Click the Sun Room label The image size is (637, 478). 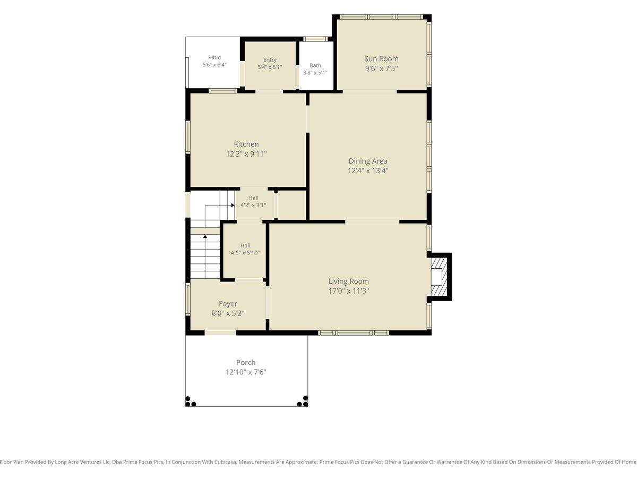(x=381, y=58)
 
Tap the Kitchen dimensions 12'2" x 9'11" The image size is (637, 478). (x=246, y=154)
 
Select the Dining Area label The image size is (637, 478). (x=368, y=161)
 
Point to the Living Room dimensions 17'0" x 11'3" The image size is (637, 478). (x=349, y=291)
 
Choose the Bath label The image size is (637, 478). (x=315, y=65)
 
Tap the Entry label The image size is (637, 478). (x=270, y=60)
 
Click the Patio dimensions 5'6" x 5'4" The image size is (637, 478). (x=214, y=65)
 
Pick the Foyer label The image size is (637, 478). (x=228, y=304)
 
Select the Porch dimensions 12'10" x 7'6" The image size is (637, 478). (x=246, y=372)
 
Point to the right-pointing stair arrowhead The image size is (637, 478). (x=233, y=205)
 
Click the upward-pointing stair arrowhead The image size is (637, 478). (x=205, y=236)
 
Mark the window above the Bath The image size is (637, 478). (x=315, y=39)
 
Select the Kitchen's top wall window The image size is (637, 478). (x=223, y=91)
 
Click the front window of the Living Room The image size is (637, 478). (x=353, y=332)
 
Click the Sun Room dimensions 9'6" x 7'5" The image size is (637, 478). (x=381, y=69)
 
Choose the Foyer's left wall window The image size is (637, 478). (x=188, y=299)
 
